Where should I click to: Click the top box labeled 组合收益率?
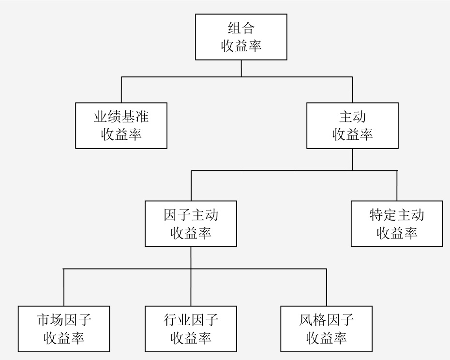[x=241, y=37]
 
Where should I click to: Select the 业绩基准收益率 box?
[x=121, y=125]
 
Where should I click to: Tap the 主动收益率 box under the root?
[x=353, y=125]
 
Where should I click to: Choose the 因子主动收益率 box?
[x=191, y=224]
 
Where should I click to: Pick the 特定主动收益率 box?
[x=397, y=224]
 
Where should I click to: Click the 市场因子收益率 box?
[x=64, y=329]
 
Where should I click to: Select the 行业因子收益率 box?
[x=191, y=329]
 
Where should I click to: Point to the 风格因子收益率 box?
[x=326, y=329]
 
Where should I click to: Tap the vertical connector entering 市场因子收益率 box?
[x=64, y=287]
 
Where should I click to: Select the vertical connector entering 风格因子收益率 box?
[x=326, y=287]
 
